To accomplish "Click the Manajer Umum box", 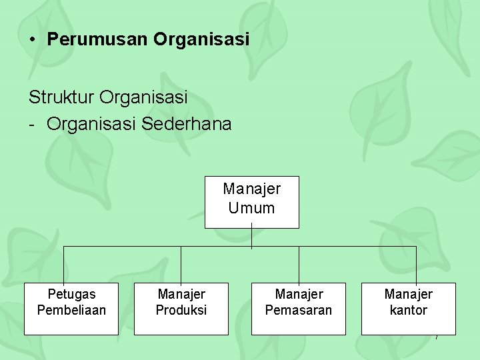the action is [251, 202].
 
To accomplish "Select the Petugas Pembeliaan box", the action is [71, 309].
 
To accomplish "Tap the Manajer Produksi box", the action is [181, 309].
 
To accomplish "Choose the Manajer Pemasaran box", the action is [299, 309].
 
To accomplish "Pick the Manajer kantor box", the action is [409, 309].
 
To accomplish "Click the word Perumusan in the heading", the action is [97, 39].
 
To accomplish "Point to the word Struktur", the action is [61, 97].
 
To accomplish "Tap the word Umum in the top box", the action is [251, 208].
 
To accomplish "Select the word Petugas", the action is [71, 294].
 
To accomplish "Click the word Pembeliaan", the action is [71, 310].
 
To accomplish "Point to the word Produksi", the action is [181, 310].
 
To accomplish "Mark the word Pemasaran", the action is [299, 310].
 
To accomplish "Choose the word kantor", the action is [409, 310].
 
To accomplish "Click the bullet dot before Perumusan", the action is [33, 39].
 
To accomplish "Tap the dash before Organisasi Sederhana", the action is [32, 125].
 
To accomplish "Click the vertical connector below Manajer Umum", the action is [251, 237].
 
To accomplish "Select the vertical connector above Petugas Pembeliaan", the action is [64, 265].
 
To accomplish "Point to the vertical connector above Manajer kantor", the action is [416, 265].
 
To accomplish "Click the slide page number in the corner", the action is [437, 338].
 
